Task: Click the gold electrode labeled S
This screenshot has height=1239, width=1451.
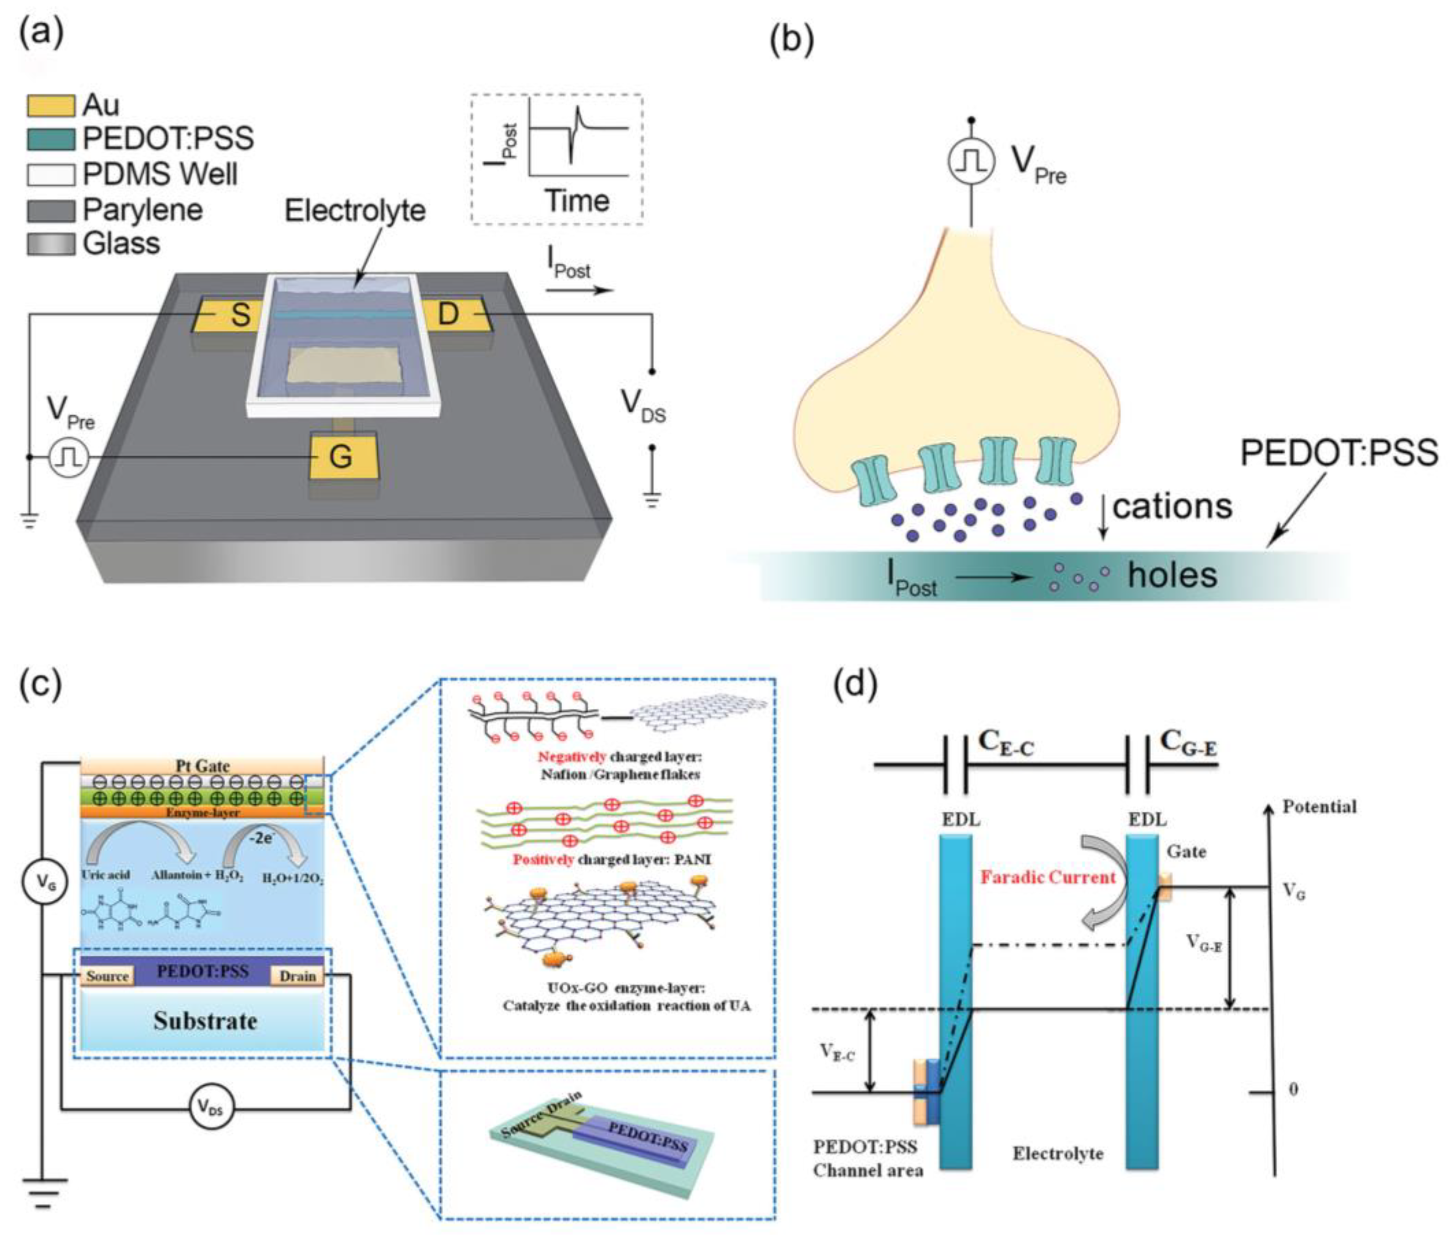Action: coord(231,315)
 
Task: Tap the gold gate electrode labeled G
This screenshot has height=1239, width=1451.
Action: coord(342,457)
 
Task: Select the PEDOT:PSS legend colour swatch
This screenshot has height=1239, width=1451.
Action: coord(51,139)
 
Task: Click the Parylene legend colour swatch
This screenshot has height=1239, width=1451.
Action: coord(51,210)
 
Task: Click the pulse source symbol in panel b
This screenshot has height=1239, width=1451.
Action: coord(971,161)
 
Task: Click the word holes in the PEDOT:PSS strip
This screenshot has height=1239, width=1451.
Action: coord(1172,575)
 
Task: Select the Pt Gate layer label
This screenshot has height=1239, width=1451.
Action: coord(203,765)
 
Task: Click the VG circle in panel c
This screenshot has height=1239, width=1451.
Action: coord(45,883)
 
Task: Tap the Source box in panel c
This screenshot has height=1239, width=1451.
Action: coord(107,976)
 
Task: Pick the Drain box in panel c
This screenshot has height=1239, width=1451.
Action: coord(298,976)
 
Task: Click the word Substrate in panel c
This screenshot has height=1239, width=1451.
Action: coord(205,1020)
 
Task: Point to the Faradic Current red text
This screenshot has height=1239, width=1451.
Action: coord(1048,877)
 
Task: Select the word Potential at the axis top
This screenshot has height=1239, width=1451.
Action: coord(1319,806)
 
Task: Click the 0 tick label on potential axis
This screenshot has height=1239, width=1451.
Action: coord(1293,1089)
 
